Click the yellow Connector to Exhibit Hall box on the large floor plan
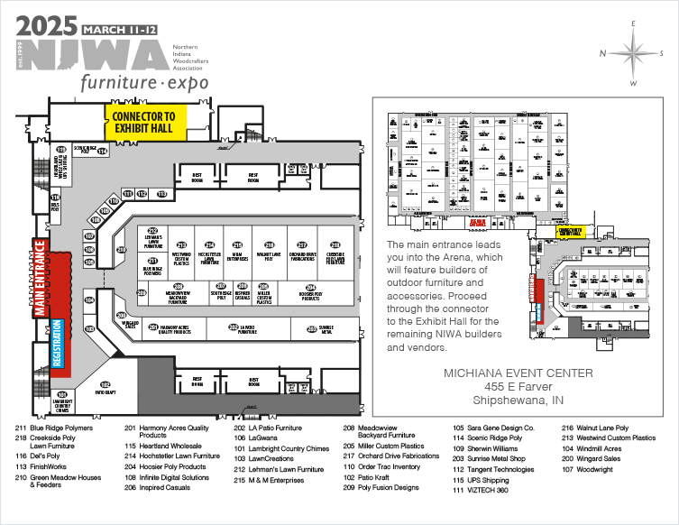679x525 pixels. tap(146, 123)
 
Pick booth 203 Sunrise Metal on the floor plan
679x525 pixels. tap(326, 327)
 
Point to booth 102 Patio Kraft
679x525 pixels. tap(106, 388)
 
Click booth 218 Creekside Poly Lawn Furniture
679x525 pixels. tap(335, 255)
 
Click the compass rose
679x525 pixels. tap(635, 53)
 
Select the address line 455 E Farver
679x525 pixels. tap(518, 387)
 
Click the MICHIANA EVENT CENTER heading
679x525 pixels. tap(518, 373)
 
